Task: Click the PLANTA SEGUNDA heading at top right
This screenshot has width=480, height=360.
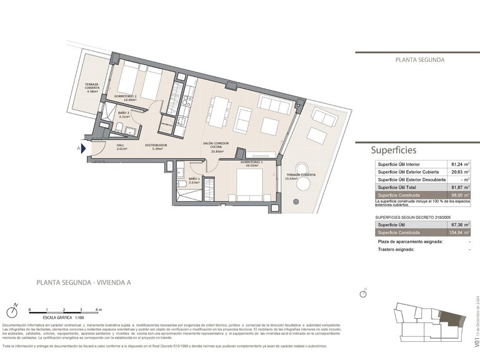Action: point(419,61)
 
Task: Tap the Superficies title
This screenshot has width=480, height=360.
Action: point(393,150)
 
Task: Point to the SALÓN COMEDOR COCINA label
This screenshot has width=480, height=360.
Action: point(217,147)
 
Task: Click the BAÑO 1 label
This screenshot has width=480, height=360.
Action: point(194,181)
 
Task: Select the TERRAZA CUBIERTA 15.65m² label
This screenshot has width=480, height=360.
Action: point(301,176)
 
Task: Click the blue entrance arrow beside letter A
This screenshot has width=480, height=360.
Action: point(83,149)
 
